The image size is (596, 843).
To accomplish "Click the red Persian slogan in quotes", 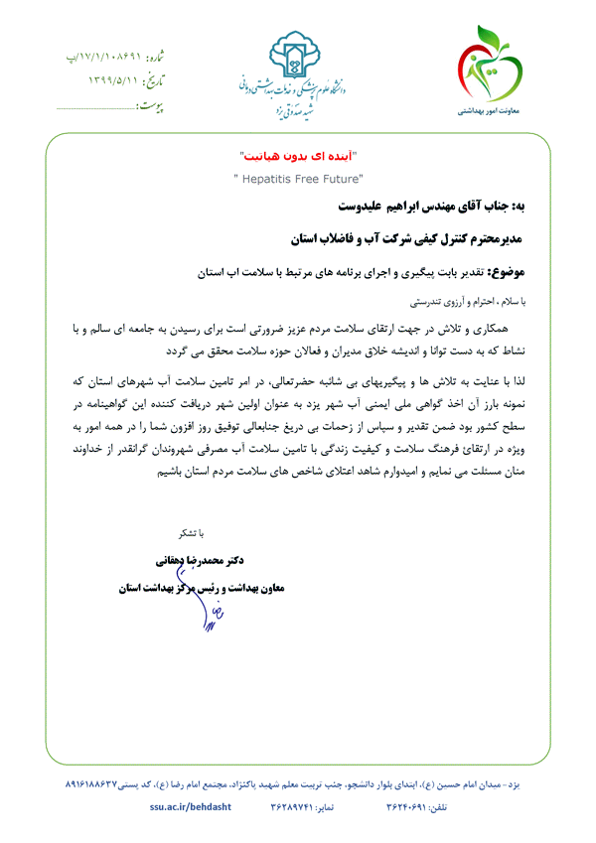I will click(298, 158).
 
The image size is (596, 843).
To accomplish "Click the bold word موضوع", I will click(519, 269).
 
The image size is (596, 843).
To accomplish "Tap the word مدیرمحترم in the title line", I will click(498, 239).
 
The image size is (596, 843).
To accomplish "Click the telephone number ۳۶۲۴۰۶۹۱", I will click(411, 810).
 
